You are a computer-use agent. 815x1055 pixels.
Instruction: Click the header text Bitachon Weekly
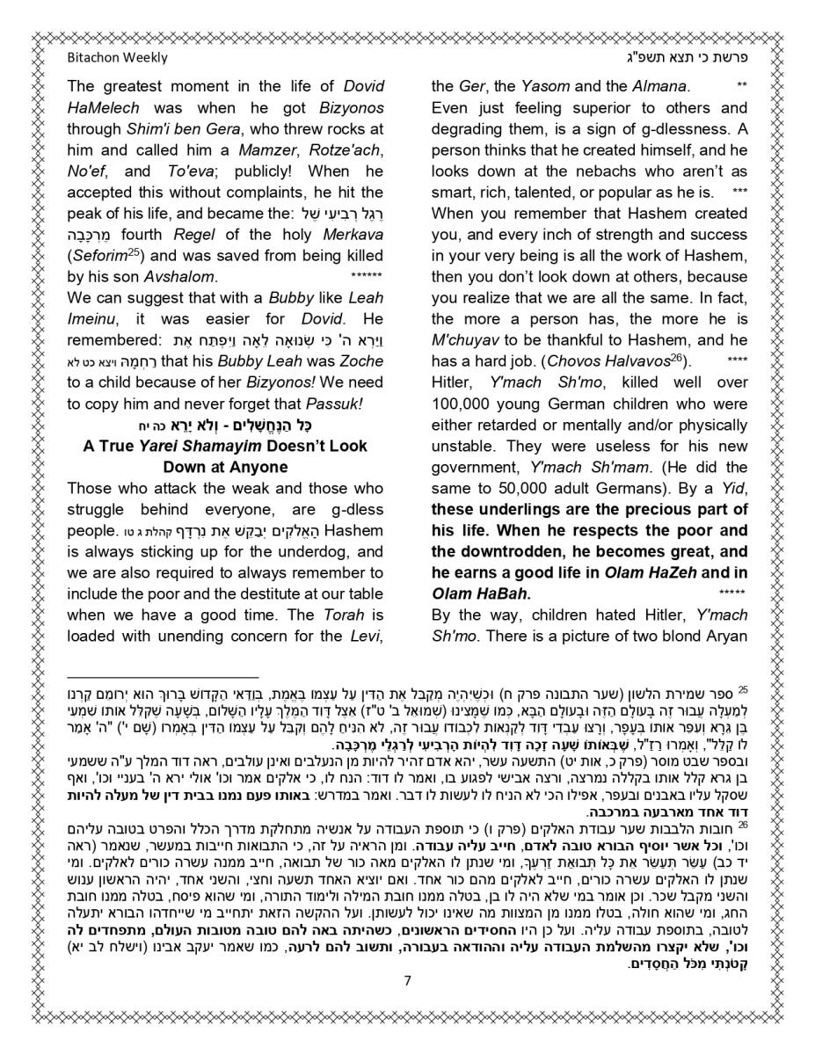[x=117, y=58]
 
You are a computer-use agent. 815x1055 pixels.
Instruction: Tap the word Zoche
[x=360, y=361]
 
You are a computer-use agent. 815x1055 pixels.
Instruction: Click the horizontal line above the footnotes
[x=163, y=678]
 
